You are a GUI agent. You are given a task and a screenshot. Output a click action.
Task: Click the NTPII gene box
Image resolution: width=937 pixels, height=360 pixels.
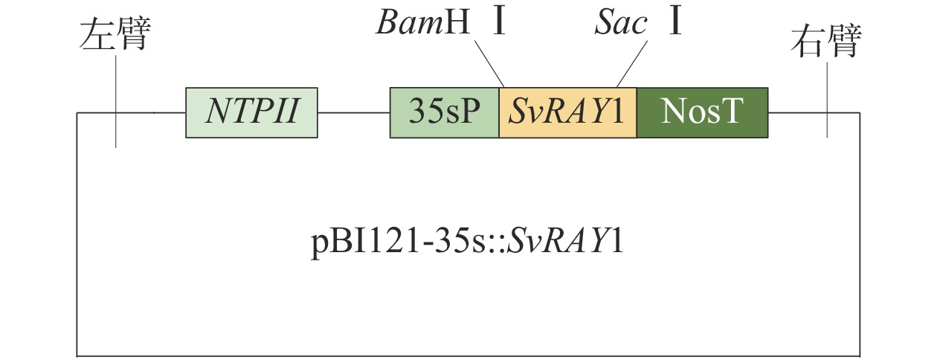252,112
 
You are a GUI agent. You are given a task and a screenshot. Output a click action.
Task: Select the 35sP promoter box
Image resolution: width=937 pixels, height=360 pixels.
445,112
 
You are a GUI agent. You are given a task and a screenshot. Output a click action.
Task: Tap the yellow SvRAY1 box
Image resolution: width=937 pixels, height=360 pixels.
567,112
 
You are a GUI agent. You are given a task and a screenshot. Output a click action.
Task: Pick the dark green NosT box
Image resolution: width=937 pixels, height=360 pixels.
702,112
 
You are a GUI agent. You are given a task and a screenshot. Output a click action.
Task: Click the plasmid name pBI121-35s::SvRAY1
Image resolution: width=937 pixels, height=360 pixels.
466,243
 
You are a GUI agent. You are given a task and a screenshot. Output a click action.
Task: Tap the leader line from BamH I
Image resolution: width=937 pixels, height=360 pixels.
489,62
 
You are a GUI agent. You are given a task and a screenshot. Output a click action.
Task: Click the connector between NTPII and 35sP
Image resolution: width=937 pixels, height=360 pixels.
354,113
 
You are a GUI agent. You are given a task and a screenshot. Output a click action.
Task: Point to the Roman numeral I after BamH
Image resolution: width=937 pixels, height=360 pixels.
500,23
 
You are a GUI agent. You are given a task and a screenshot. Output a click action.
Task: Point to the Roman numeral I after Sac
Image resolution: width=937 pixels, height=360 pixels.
674,23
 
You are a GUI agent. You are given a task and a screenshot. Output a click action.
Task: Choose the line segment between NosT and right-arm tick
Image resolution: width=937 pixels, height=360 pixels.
797,113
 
